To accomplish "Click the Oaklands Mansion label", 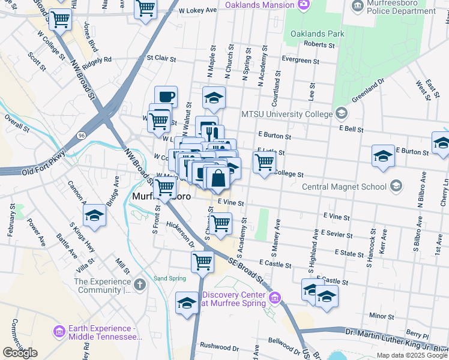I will [260, 5].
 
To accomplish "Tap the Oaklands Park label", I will [318, 34].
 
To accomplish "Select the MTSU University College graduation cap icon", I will [342, 113].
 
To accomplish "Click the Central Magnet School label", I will [344, 187].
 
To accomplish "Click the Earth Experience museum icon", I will [59, 331].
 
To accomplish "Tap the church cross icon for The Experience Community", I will [140, 284].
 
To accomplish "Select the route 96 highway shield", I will [82, 136].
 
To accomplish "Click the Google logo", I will [20, 353].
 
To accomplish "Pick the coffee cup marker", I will [166, 97].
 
